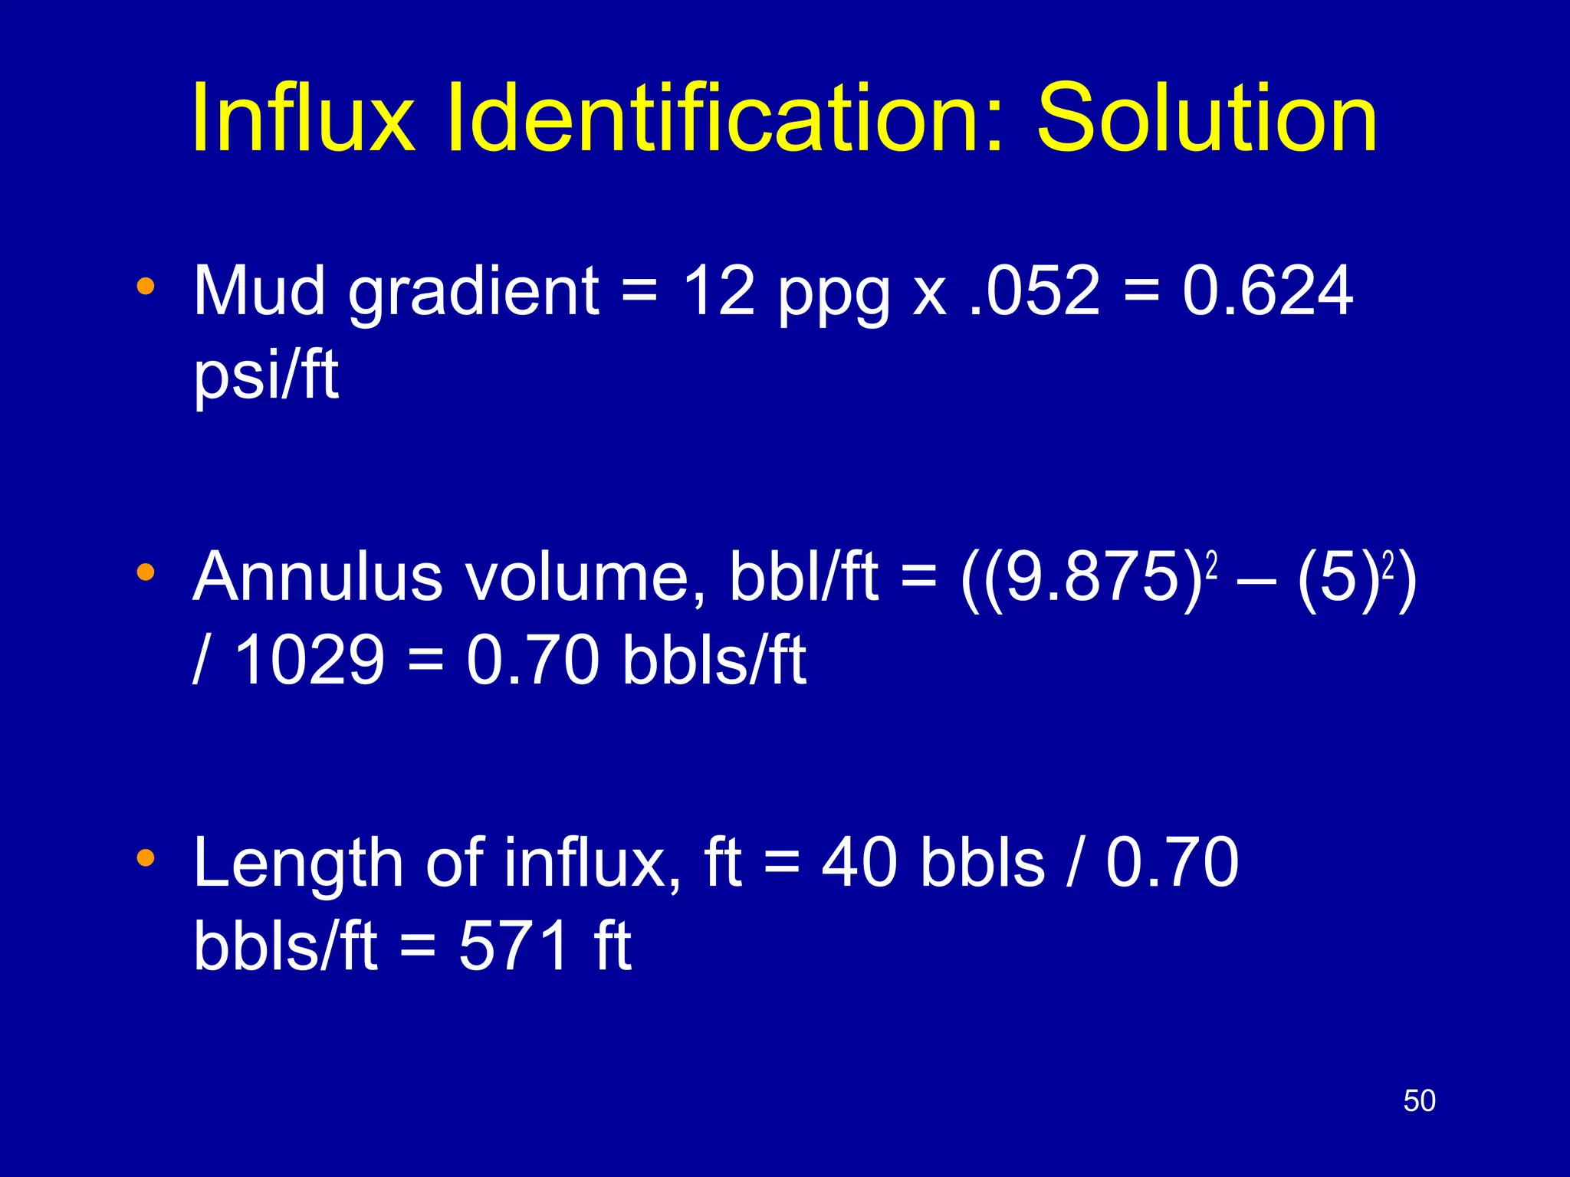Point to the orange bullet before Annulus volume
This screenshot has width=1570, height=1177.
(x=145, y=572)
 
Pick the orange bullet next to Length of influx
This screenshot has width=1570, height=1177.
(x=145, y=857)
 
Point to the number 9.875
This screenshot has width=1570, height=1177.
(x=1092, y=577)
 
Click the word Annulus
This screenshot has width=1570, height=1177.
(x=318, y=577)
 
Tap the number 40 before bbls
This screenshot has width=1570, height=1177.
(x=859, y=863)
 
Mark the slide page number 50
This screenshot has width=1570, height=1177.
(x=1419, y=1101)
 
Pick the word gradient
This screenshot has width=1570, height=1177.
(x=473, y=292)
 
